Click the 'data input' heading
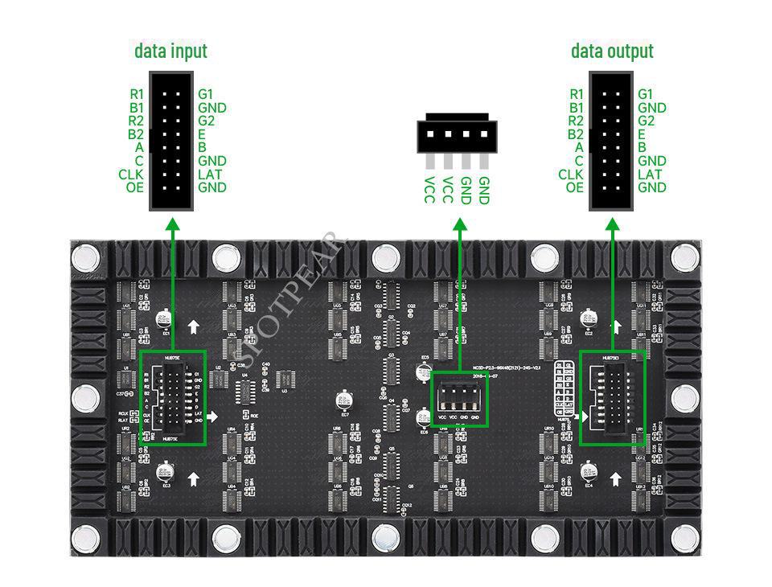point(170,51)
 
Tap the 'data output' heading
point(612,51)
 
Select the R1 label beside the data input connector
point(137,94)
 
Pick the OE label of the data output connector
point(574,187)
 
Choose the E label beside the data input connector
point(202,134)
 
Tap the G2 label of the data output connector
point(646,121)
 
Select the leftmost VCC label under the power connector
point(429,190)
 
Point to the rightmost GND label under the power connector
point(483,190)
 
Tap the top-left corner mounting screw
point(84,258)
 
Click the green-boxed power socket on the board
point(459,399)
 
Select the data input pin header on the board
point(172,396)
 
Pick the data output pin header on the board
point(612,396)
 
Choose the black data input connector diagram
point(171,141)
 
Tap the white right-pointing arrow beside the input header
point(211,416)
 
